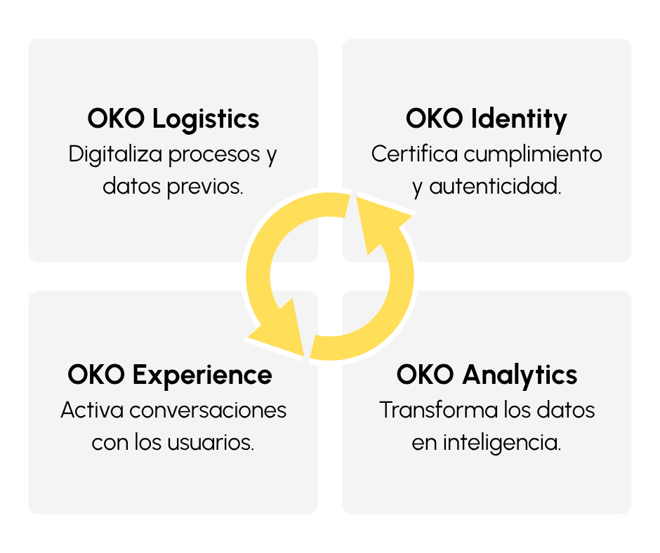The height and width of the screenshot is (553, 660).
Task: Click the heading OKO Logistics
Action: click(x=173, y=119)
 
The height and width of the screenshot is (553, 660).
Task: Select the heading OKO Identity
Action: click(x=487, y=119)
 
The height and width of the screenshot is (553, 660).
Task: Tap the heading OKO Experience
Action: click(x=170, y=374)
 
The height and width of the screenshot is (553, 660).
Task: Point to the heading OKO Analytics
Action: click(x=487, y=374)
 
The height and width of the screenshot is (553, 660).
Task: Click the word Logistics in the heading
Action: click(x=206, y=119)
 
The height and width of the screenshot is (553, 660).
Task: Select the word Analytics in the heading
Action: click(x=520, y=375)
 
